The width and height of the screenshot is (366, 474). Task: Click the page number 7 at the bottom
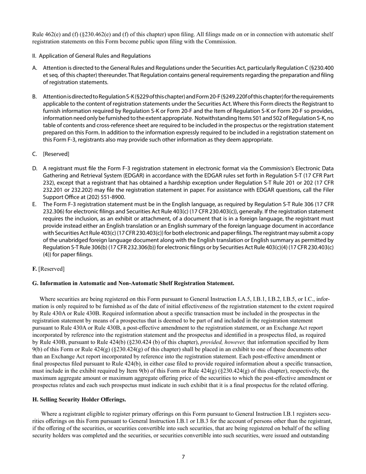(183, 457)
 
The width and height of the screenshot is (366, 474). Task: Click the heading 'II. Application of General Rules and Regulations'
(91, 56)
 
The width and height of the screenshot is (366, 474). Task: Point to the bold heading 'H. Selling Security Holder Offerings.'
(79, 400)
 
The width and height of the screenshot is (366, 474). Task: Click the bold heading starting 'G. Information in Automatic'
(133, 283)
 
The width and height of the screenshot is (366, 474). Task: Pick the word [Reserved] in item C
(56, 154)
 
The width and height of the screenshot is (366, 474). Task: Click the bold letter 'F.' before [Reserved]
(35, 269)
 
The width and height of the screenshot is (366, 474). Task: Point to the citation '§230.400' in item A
(322, 68)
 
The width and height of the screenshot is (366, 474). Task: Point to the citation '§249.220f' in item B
(214, 96)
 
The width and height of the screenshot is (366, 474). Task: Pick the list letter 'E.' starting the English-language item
(35, 204)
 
